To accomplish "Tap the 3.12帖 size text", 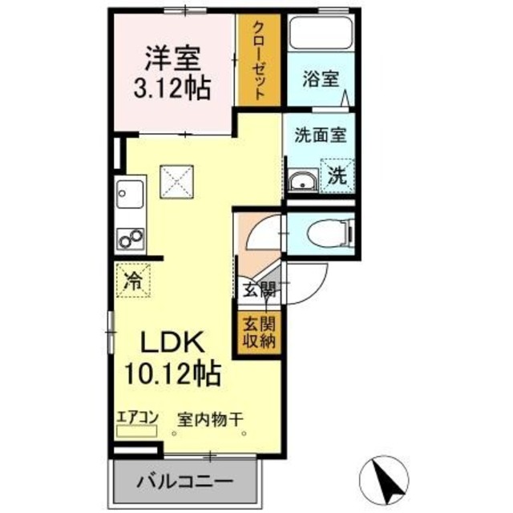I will (171, 87).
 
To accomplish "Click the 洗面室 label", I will (319, 135).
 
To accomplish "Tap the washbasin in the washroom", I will (302, 180).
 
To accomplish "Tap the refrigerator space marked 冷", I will (133, 281).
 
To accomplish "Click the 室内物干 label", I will (209, 417).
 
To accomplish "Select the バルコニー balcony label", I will (184, 483).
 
